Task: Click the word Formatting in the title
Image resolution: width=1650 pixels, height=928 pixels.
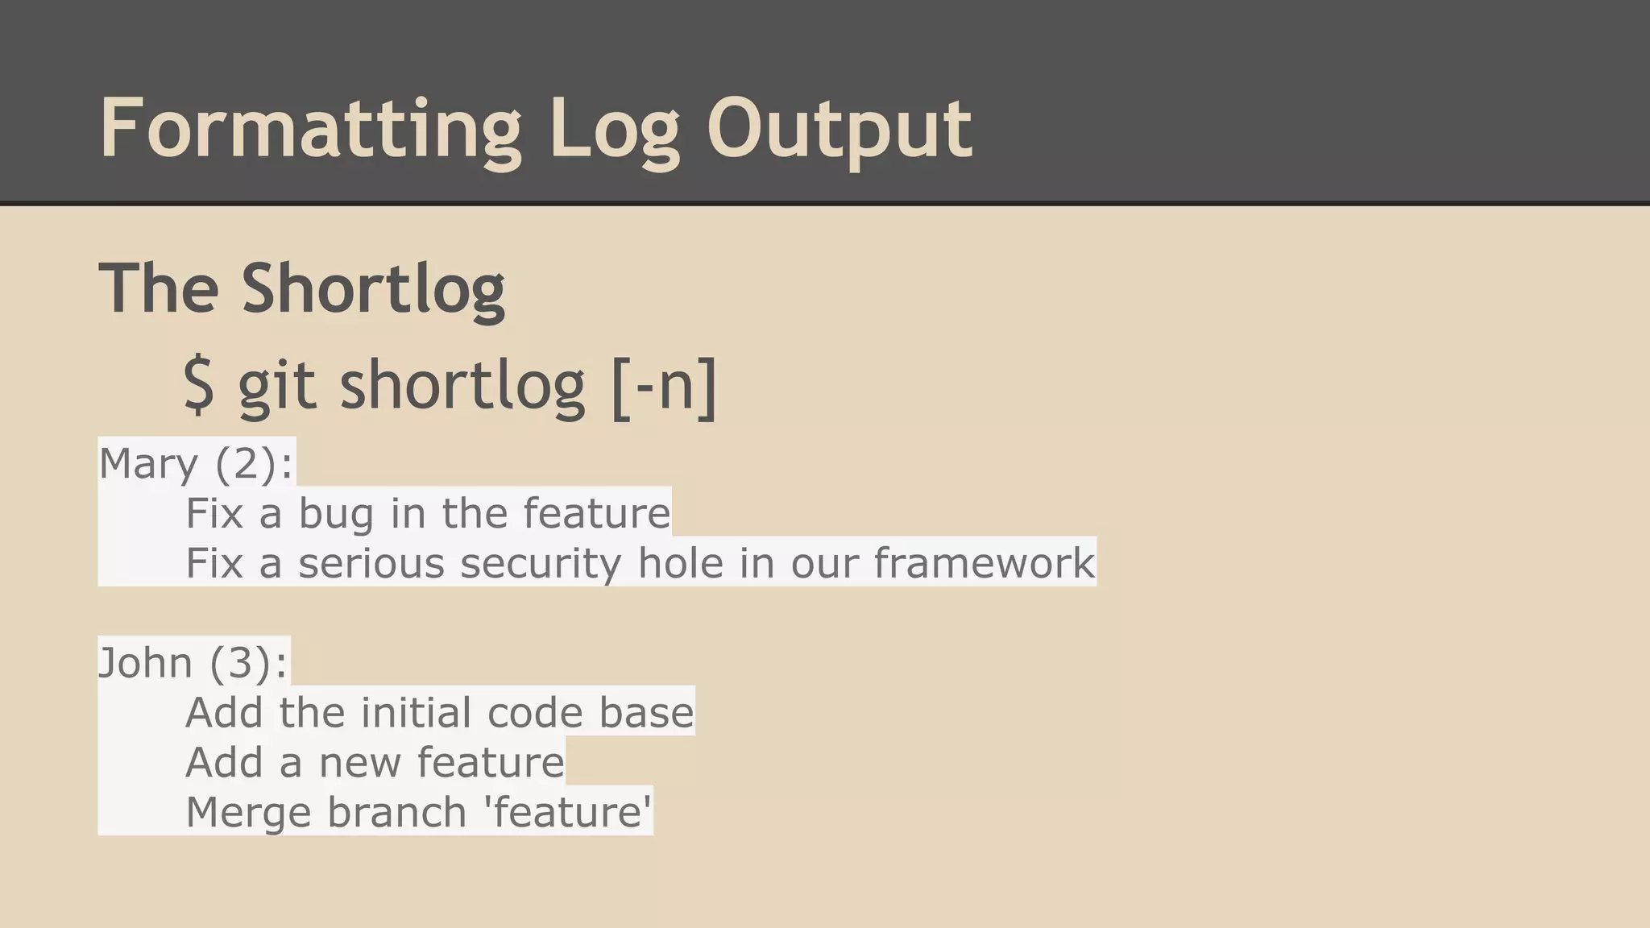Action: pyautogui.click(x=310, y=129)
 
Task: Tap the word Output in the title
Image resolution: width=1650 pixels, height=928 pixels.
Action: pyautogui.click(x=839, y=129)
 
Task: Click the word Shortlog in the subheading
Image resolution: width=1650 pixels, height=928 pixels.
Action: pyautogui.click(x=373, y=288)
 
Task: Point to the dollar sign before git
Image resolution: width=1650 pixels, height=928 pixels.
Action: pyautogui.click(x=199, y=385)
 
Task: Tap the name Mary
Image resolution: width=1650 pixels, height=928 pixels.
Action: pyautogui.click(x=148, y=464)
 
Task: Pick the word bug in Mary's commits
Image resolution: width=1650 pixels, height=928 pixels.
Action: pyautogui.click(x=336, y=514)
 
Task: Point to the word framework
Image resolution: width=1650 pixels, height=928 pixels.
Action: pyautogui.click(x=985, y=563)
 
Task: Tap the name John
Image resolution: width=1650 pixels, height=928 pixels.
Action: pyautogui.click(x=145, y=663)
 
